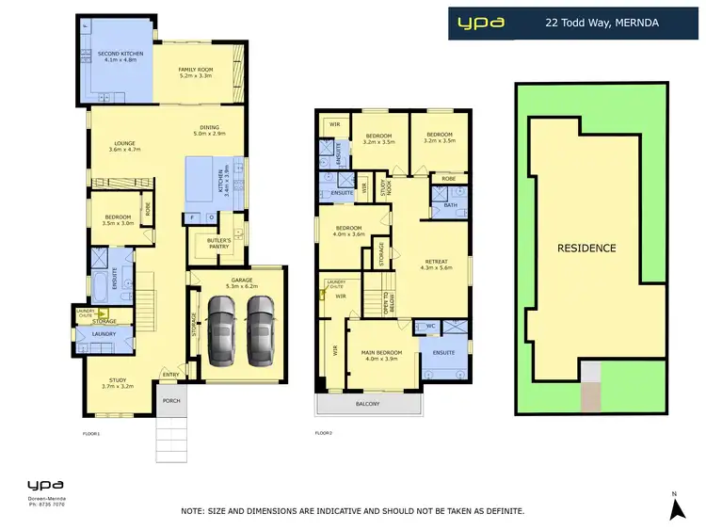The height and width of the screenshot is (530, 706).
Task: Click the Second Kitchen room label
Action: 121,57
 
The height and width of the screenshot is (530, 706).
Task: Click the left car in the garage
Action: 221,329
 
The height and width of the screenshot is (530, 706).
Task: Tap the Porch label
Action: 171,400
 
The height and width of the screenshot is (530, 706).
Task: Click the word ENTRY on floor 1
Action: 170,376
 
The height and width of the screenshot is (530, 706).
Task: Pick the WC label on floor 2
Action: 429,327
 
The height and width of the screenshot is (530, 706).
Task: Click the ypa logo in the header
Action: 480,22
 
